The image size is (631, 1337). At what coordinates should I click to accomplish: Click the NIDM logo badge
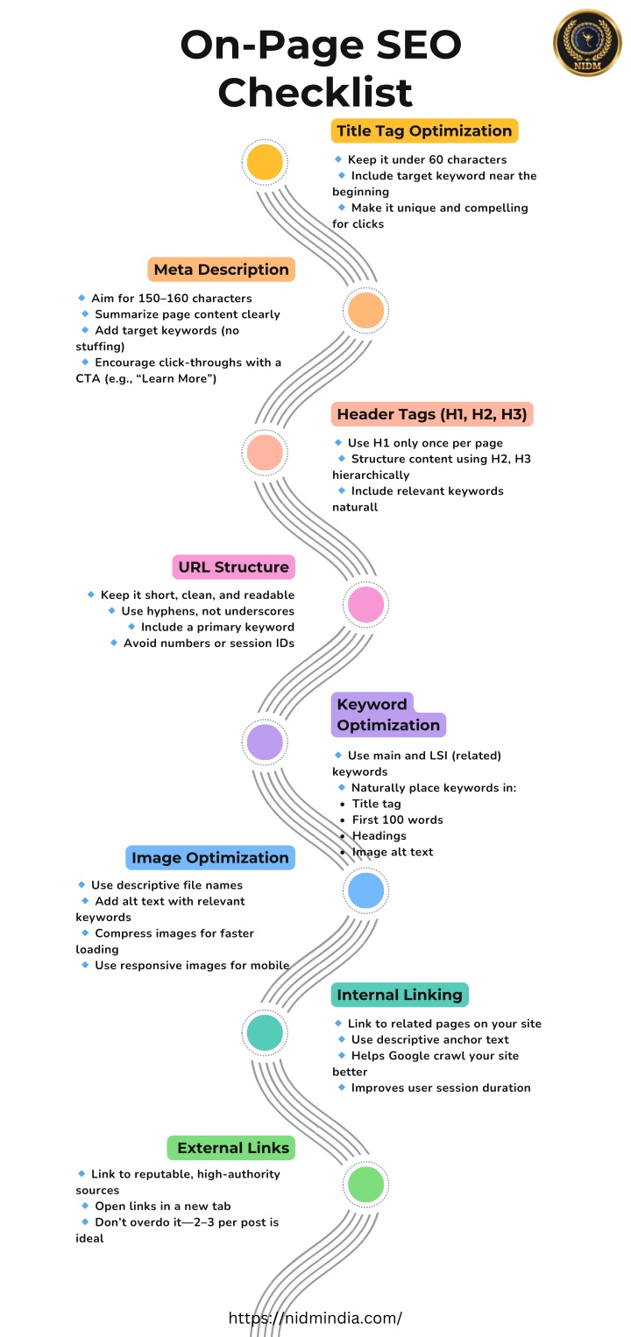click(x=587, y=43)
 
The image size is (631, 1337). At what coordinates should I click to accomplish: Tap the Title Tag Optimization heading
click(x=424, y=130)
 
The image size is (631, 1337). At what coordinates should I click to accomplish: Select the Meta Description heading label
click(x=221, y=269)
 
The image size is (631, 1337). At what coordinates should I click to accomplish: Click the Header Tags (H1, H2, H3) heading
click(x=432, y=414)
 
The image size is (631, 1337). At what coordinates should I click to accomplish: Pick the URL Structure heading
click(x=234, y=567)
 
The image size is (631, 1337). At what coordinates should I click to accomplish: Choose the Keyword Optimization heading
click(x=388, y=714)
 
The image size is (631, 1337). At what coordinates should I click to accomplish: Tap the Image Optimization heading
click(x=209, y=858)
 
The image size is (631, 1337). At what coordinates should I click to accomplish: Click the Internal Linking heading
click(x=400, y=995)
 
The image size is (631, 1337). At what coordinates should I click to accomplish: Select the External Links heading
click(x=230, y=1148)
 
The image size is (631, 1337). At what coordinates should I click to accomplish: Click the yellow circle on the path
click(x=265, y=162)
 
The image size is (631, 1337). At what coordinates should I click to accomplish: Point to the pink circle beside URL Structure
click(x=365, y=605)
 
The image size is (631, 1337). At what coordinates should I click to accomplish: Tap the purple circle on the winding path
click(x=265, y=742)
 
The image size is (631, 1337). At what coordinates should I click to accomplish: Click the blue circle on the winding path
click(x=365, y=890)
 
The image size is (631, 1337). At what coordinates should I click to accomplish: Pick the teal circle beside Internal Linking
click(x=265, y=1032)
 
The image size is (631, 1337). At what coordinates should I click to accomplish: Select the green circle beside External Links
click(x=365, y=1185)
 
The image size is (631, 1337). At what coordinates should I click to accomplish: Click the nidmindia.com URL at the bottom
click(x=315, y=1318)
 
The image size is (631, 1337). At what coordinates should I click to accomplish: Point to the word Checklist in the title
click(x=315, y=92)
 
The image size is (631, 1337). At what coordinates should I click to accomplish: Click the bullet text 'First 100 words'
click(x=397, y=820)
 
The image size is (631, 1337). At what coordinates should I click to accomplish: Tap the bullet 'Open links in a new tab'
click(x=162, y=1207)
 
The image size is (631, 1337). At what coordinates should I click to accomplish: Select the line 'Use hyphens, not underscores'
click(x=208, y=611)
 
